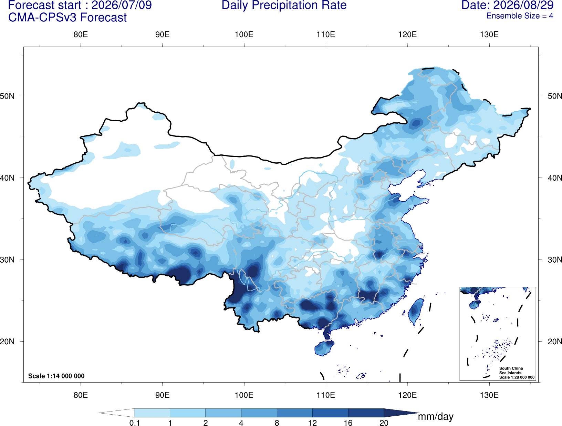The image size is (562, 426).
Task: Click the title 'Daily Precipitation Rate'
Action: point(284,5)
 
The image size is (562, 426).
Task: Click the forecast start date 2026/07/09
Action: point(122,5)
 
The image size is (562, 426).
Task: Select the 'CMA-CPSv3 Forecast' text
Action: point(67,18)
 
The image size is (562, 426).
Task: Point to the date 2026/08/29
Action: point(523,5)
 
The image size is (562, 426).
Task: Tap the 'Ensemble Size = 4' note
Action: point(520,16)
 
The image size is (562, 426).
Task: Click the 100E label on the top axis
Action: point(244,34)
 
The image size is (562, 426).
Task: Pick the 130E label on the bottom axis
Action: point(489,395)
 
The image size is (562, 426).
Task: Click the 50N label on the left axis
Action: point(7,96)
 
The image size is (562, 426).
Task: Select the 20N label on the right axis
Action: point(555,342)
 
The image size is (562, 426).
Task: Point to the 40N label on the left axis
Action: point(7,178)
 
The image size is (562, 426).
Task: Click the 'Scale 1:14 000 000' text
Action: point(56,376)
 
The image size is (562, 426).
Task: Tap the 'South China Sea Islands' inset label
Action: point(511,371)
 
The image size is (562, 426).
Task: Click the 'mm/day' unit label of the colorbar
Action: point(436,417)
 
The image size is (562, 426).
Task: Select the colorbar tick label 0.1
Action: point(134,423)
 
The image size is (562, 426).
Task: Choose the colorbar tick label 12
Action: point(312,423)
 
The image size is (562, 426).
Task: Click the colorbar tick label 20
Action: point(384,423)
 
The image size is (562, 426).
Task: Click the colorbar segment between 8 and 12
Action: point(294,413)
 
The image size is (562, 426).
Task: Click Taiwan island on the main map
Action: point(415,311)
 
